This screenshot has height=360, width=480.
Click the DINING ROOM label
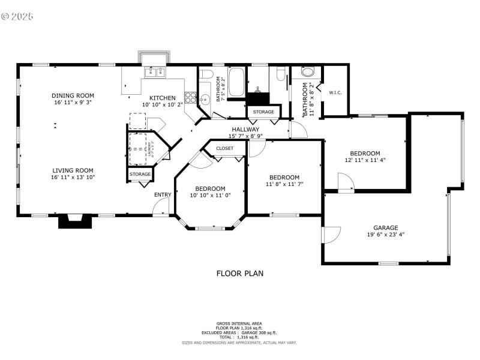[x=73, y=95]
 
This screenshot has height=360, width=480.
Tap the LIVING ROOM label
[x=73, y=170]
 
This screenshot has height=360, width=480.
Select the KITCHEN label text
[x=163, y=98]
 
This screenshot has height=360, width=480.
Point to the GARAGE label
[x=386, y=228]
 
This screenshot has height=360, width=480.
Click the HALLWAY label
[x=245, y=129]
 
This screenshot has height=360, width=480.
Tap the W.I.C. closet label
[x=335, y=92]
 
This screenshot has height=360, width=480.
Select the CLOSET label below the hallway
[x=225, y=148]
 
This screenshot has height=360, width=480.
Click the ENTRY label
[x=163, y=194]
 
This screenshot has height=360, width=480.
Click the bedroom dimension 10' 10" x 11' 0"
[x=210, y=195]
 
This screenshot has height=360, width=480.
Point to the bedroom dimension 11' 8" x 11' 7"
[x=284, y=184]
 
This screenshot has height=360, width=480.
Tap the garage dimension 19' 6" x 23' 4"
[x=386, y=235]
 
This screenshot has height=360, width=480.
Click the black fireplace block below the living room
[x=75, y=222]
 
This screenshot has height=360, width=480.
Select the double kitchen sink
[x=156, y=73]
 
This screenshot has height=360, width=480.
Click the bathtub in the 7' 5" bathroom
[x=236, y=82]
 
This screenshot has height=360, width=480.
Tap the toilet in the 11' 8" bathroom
[x=308, y=73]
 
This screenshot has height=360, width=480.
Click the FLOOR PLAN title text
[x=239, y=274]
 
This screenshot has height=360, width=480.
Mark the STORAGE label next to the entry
[x=140, y=175]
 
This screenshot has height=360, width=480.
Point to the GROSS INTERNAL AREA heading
[x=239, y=323]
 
